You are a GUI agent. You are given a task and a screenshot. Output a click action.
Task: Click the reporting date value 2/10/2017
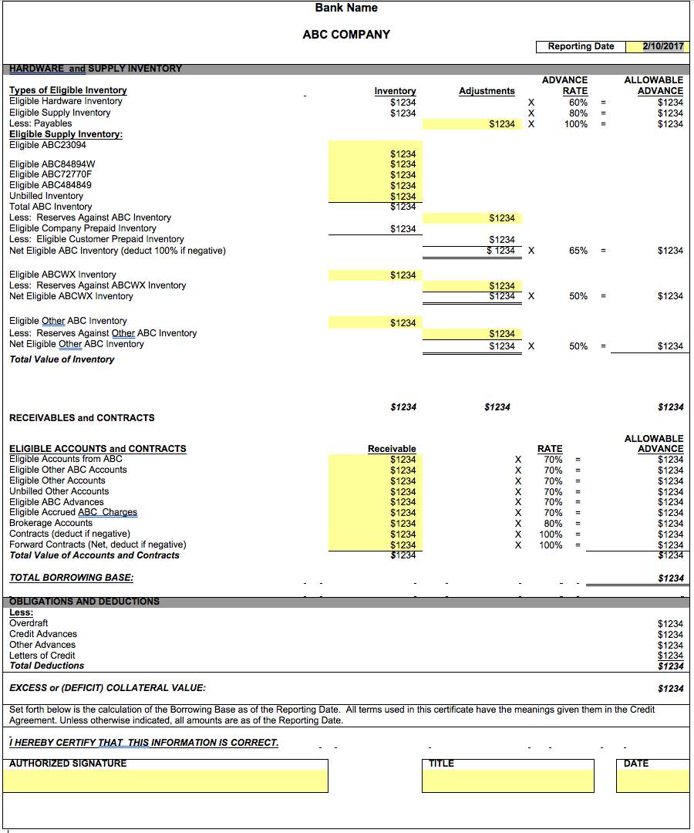point(663,46)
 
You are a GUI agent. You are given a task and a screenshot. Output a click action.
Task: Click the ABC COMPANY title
point(346,35)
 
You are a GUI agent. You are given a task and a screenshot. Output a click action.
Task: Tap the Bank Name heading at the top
point(346,8)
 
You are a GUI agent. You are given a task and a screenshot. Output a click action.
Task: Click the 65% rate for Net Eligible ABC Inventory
point(578,251)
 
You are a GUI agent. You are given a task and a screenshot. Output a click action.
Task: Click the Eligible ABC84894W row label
point(52,164)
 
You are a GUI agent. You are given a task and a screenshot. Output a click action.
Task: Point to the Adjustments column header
point(487,91)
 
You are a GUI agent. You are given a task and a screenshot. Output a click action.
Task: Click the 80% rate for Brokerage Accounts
point(553,523)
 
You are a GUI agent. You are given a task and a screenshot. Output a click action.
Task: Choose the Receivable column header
point(392,449)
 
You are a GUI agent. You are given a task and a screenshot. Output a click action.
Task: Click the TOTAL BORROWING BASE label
point(71,578)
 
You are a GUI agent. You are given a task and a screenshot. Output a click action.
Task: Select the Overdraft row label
point(29,623)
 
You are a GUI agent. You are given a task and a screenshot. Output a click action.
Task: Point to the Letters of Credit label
point(42,656)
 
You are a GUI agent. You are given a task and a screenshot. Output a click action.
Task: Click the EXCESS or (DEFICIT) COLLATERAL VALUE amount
point(670,688)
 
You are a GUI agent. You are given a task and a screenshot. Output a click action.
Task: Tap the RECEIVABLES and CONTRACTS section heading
point(82,418)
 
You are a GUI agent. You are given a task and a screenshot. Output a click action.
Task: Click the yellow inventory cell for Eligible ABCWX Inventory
point(374,275)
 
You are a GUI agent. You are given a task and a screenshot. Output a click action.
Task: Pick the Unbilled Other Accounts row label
point(59,491)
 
